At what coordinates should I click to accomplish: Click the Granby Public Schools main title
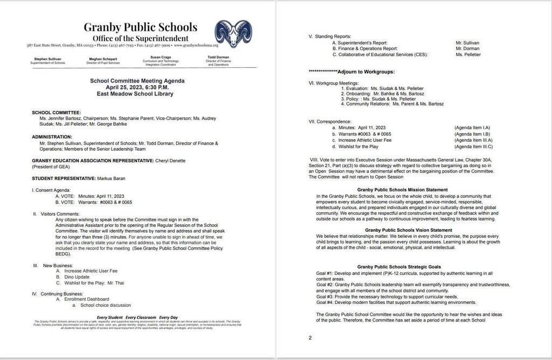tap(140, 27)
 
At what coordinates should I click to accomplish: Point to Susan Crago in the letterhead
tap(160, 57)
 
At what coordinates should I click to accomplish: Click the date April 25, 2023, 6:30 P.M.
tap(137, 87)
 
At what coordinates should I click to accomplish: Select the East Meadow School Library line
tap(137, 94)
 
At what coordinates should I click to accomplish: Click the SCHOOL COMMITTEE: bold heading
tap(56, 112)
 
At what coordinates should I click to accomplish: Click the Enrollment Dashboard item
tap(86, 299)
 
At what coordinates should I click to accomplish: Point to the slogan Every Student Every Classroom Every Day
tap(137, 317)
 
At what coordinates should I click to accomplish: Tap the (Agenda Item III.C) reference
tap(473, 147)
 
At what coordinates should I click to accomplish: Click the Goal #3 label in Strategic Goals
tap(325, 296)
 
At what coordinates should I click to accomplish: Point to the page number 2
tap(310, 338)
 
